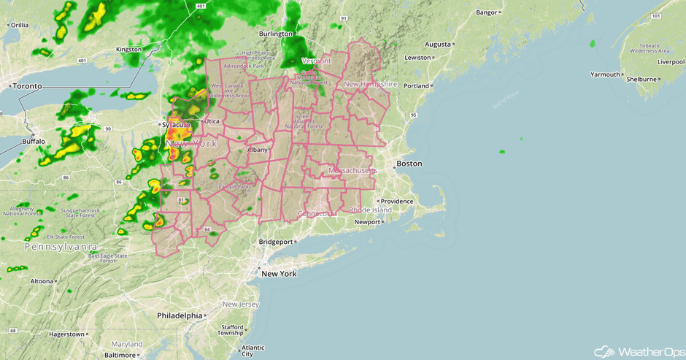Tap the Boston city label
point(409,164)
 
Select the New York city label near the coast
point(279,274)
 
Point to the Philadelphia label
point(180,315)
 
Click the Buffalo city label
point(34,141)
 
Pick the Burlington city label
point(276,34)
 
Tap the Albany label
point(258,150)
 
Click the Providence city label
point(397,201)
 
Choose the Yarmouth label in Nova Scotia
point(605,74)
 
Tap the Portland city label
point(417,85)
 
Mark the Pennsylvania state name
point(61,247)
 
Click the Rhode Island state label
point(371,210)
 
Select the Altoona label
point(42,281)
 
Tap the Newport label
point(369,222)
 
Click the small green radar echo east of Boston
point(501,152)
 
